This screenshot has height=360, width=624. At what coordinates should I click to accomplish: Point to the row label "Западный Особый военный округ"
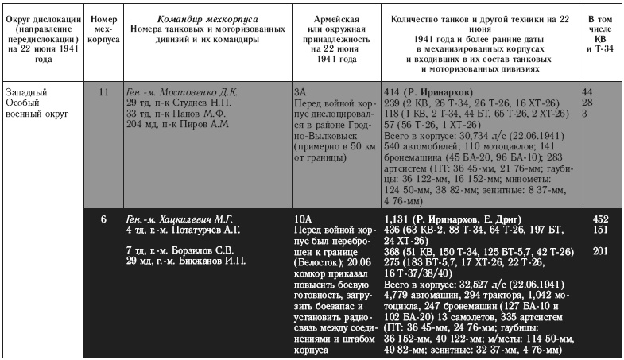(37, 103)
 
